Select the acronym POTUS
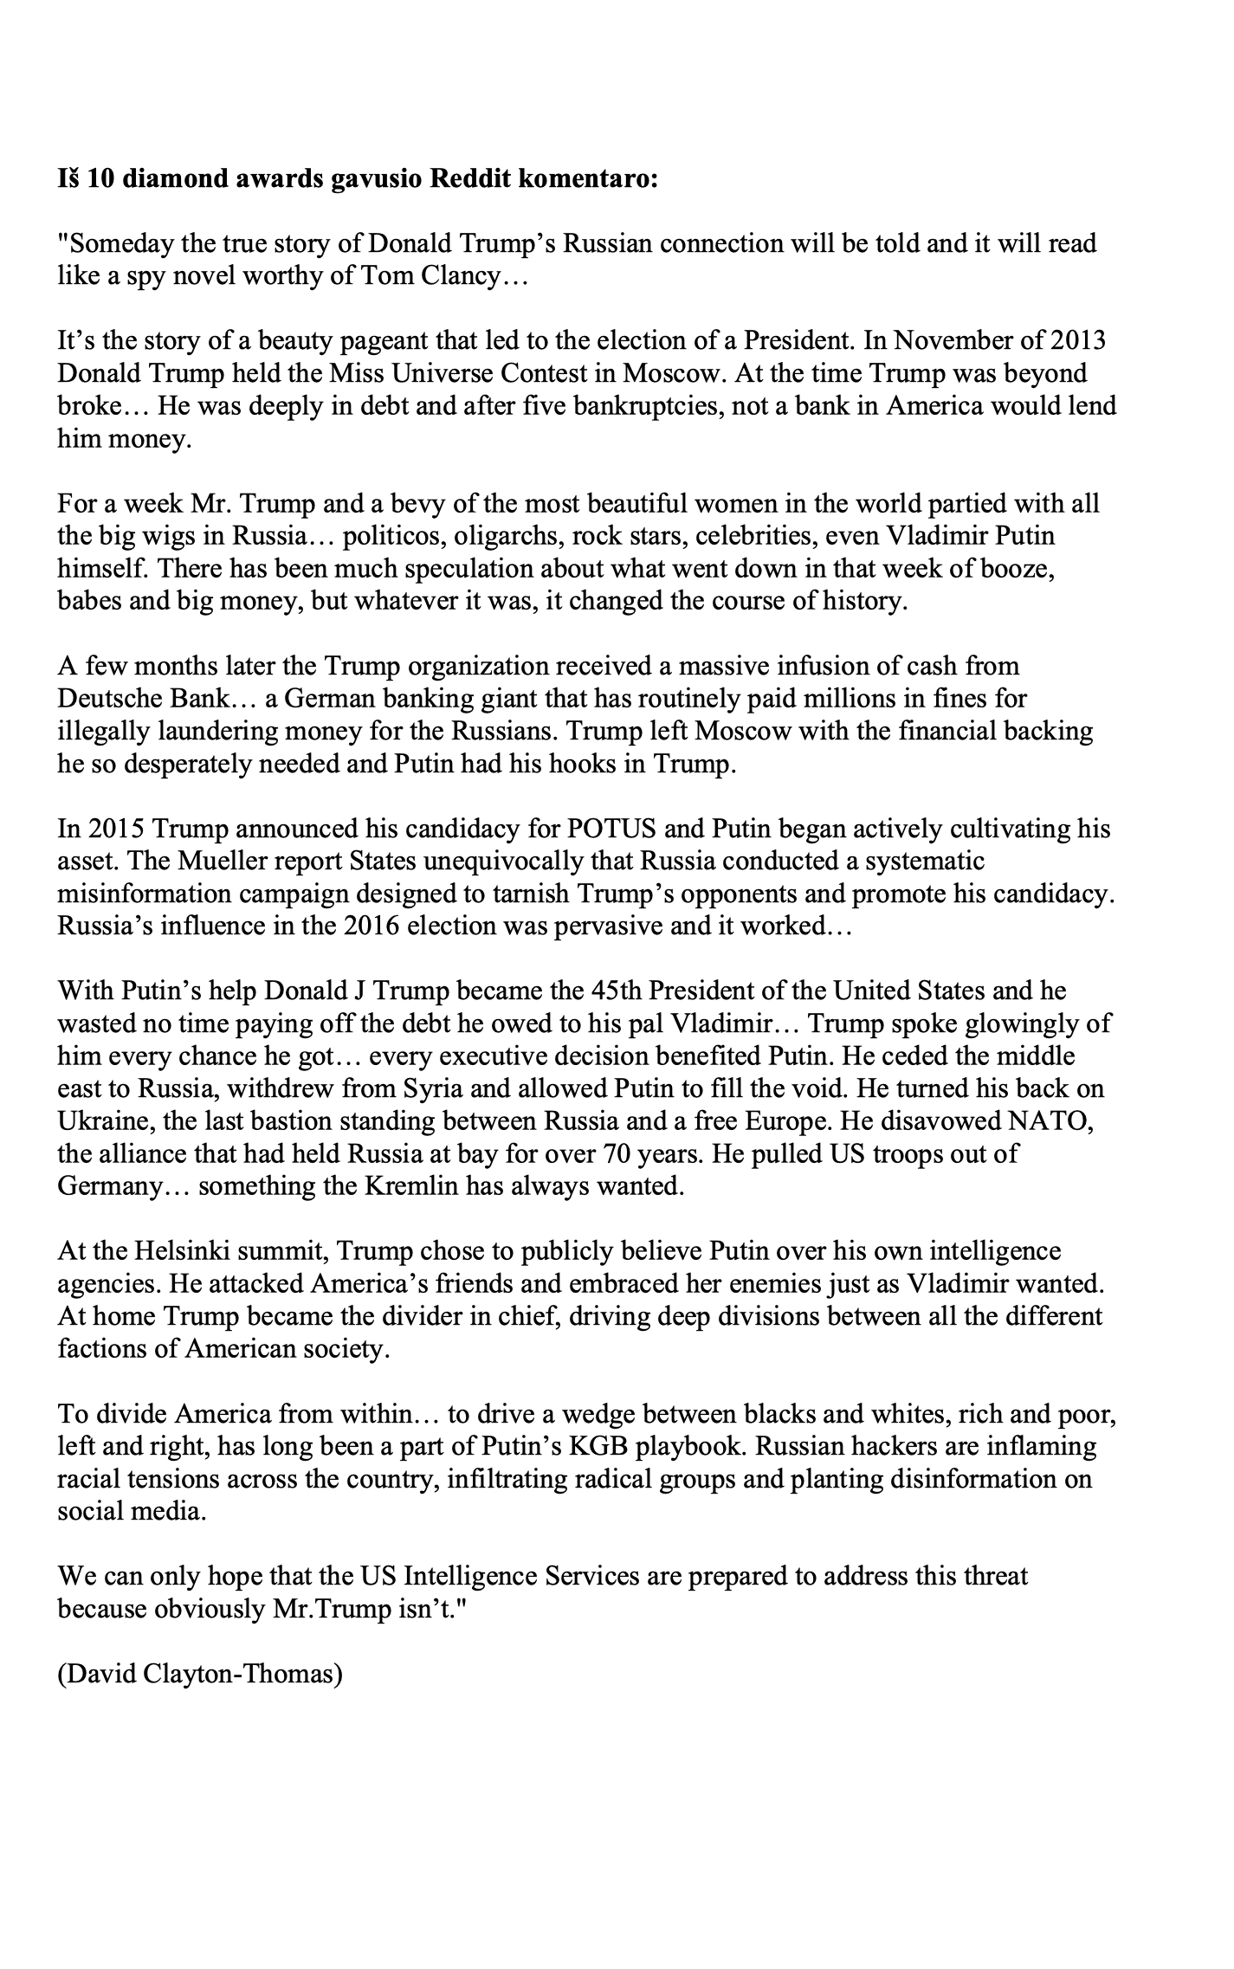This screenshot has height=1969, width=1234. click(612, 830)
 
